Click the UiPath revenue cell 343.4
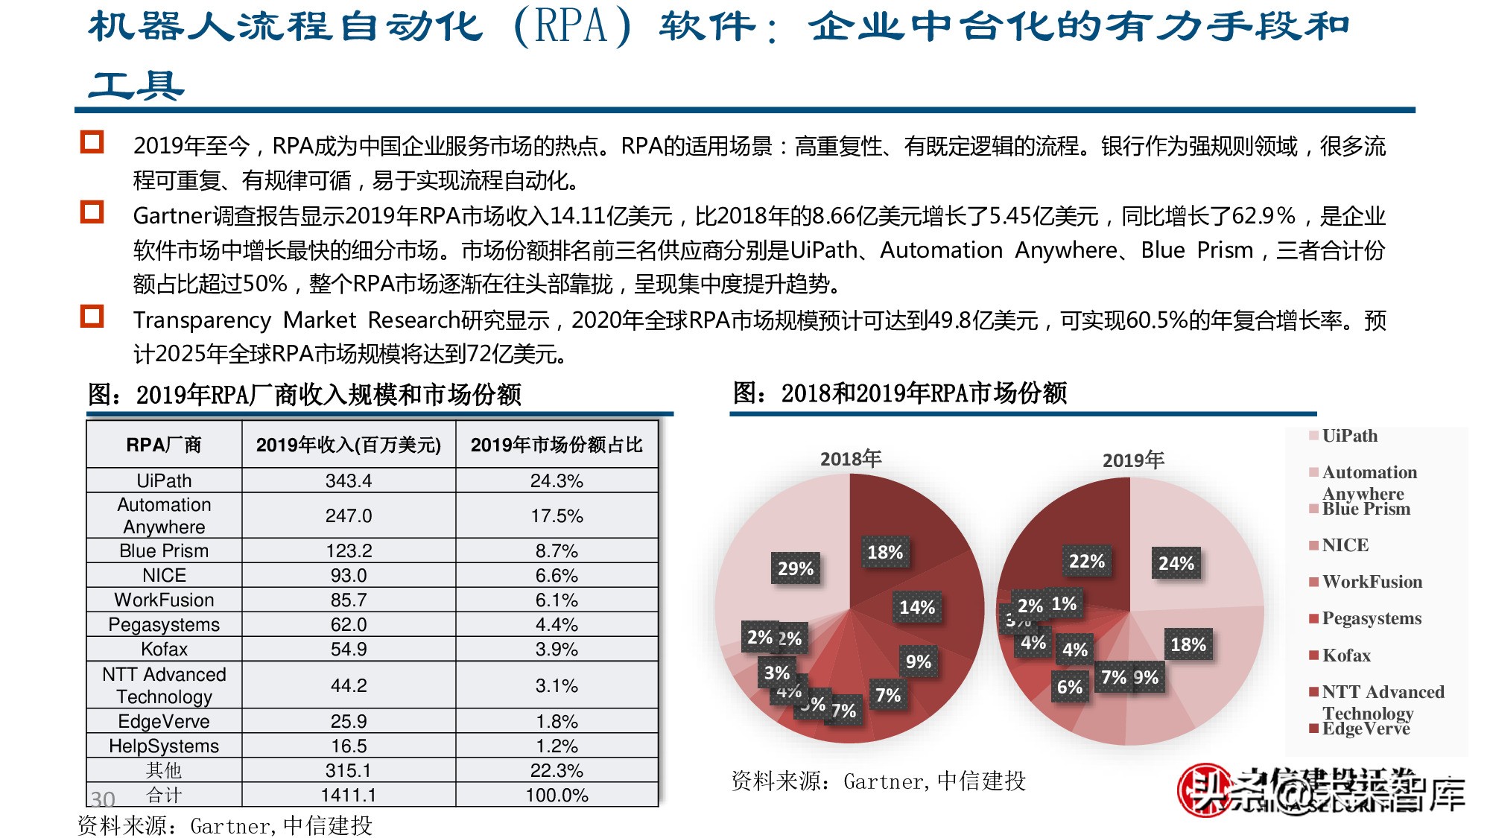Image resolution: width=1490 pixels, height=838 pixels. (x=348, y=480)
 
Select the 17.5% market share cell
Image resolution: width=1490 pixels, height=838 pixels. (x=557, y=515)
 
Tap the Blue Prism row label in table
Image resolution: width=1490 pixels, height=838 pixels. (x=164, y=550)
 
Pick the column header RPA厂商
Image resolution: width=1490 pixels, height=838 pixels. (x=164, y=445)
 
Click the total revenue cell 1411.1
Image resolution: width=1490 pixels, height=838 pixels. (x=348, y=795)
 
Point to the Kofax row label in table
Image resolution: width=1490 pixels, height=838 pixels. (x=164, y=649)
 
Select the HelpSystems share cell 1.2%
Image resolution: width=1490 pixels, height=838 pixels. (x=557, y=746)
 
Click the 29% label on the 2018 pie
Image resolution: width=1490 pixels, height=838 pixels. (x=795, y=569)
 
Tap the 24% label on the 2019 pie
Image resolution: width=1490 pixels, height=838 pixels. (x=1176, y=564)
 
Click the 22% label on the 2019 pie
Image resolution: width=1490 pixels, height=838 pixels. (x=1086, y=562)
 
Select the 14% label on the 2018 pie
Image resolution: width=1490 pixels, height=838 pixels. (x=916, y=608)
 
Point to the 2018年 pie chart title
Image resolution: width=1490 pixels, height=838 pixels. (x=850, y=459)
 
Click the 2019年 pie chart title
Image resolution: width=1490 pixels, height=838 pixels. (x=1132, y=460)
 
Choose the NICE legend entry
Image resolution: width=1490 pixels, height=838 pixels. (x=1345, y=545)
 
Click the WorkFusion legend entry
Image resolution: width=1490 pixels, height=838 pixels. (x=1372, y=582)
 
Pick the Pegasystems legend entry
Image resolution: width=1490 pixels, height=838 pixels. (x=1371, y=618)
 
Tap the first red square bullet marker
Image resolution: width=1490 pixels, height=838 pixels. (x=92, y=142)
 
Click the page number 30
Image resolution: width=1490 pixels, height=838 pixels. (x=102, y=799)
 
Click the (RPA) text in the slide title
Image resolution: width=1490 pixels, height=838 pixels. (x=572, y=27)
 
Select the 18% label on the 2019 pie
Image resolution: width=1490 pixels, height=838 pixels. (x=1188, y=645)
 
